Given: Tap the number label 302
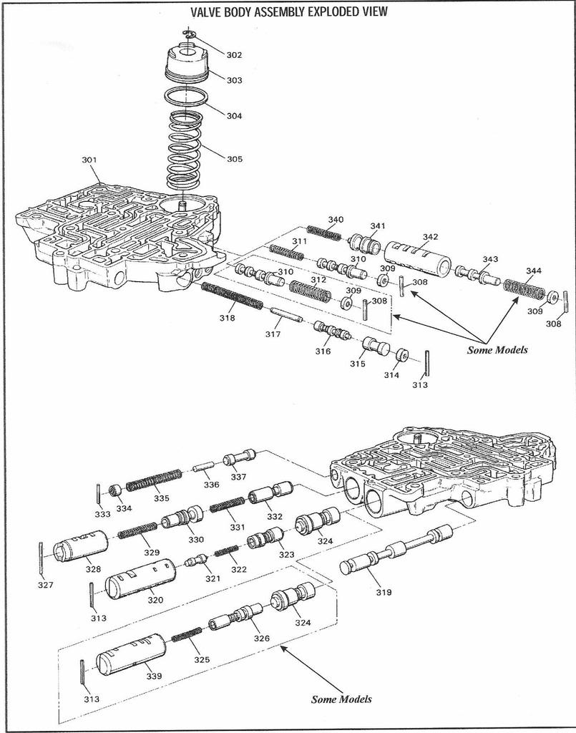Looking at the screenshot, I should pos(234,55).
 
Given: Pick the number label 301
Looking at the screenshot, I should pos(90,160).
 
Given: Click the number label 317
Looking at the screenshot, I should pos(273,334).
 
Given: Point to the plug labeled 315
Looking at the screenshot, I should pos(375,348).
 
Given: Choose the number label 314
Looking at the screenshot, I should pos(391,375).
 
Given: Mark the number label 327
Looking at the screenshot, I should pos(46,585).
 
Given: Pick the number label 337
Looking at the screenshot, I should pos(238,477).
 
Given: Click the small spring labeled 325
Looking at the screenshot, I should pos(187,635).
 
